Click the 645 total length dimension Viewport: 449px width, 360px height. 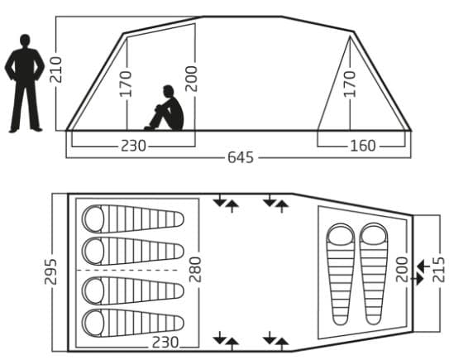(x=241, y=157)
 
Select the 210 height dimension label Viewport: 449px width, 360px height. (x=56, y=70)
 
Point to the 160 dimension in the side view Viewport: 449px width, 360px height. (x=363, y=146)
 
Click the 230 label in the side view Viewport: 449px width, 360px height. (x=133, y=146)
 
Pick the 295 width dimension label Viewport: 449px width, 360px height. (x=50, y=271)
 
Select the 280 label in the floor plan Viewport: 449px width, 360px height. (x=195, y=270)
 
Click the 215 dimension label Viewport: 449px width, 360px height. (x=439, y=270)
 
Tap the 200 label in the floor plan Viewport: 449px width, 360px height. (x=402, y=270)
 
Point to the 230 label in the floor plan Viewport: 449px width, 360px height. (x=165, y=343)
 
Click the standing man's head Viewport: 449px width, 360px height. (x=25, y=40)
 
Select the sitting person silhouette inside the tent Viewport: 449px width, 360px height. (x=165, y=108)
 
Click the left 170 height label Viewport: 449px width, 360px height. (x=126, y=84)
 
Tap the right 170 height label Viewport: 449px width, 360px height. (x=349, y=84)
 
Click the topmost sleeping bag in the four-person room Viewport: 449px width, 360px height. (x=133, y=219)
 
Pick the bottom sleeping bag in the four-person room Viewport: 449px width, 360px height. (x=133, y=323)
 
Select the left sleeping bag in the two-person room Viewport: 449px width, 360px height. (x=341, y=274)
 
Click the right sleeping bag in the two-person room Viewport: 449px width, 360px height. (x=374, y=274)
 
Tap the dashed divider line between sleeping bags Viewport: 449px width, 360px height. (x=127, y=271)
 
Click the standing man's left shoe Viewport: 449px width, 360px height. (x=13, y=131)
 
